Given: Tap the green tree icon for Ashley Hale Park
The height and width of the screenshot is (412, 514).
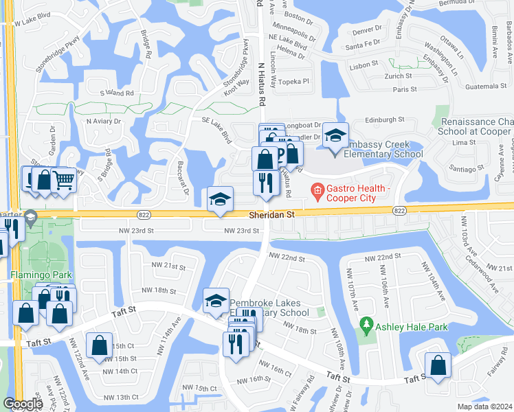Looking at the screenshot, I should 367,323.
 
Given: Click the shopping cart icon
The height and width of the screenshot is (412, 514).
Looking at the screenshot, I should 63,181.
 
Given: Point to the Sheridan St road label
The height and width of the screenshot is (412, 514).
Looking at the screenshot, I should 271,214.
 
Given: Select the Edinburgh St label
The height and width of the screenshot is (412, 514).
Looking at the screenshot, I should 384,119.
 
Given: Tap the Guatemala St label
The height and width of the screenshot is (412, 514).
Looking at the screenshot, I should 484,86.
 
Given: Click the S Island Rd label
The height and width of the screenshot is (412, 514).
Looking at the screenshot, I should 116,92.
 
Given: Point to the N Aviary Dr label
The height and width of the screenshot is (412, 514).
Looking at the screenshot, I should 103,121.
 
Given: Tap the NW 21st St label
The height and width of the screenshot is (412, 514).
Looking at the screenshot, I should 168,266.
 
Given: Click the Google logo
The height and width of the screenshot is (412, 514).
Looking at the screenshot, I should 23,404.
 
